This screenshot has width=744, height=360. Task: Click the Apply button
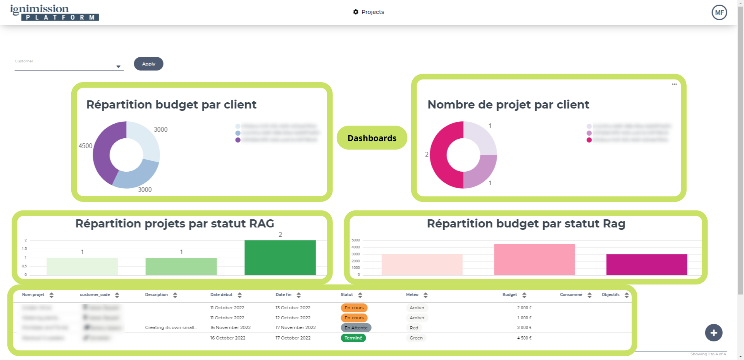[x=148, y=64]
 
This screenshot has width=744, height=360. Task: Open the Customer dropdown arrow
[x=118, y=67]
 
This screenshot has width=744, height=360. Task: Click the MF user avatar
[x=719, y=12]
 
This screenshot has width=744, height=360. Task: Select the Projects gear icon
[x=356, y=12]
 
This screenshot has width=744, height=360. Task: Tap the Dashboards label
[x=372, y=138]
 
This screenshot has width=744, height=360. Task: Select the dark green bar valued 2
[x=280, y=258]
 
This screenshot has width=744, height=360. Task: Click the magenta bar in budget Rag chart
[x=646, y=265]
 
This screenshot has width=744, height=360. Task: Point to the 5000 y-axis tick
[x=355, y=240]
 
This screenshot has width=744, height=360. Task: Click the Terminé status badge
[x=353, y=338]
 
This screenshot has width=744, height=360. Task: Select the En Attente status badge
[x=356, y=328]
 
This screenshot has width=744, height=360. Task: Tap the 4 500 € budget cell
[x=524, y=338]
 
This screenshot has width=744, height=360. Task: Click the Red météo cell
[x=414, y=328]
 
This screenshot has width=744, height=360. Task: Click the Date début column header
[x=221, y=295]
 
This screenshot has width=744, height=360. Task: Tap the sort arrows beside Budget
[x=524, y=295]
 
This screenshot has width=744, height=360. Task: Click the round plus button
[x=713, y=333]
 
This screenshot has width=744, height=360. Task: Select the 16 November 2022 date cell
[x=230, y=328]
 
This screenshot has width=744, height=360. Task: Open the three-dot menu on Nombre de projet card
[x=674, y=84]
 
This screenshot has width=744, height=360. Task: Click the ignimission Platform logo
[x=54, y=12]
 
